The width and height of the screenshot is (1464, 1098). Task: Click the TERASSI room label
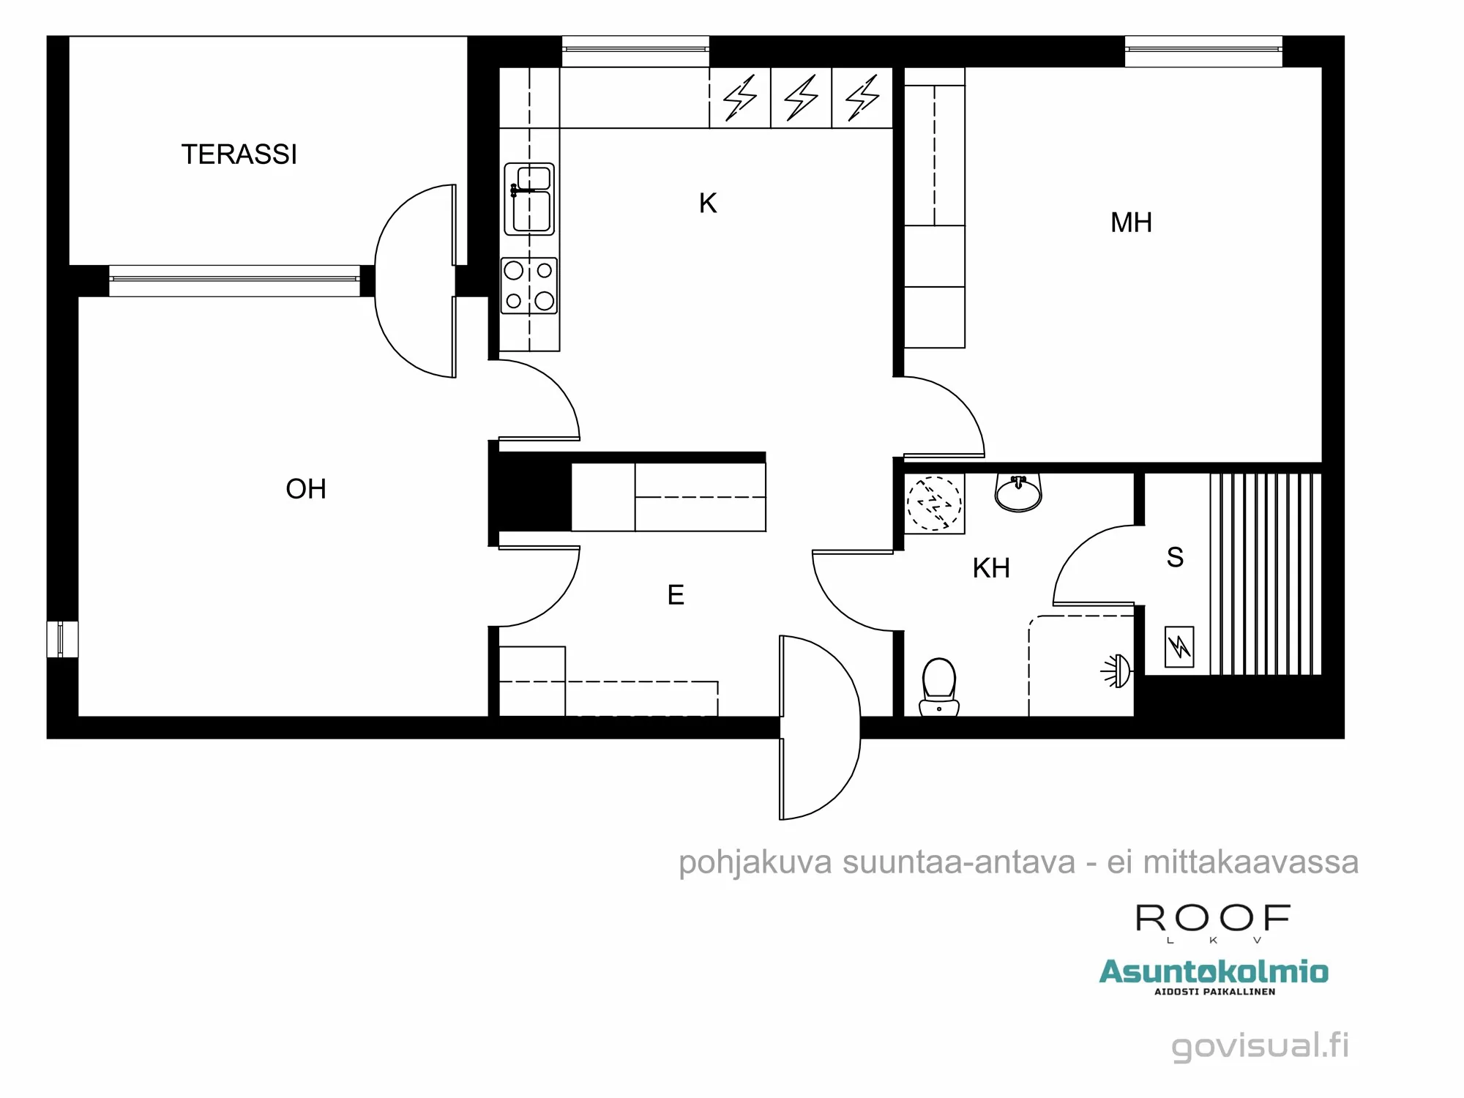[x=239, y=154]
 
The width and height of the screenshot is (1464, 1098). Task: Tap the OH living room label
[x=306, y=489]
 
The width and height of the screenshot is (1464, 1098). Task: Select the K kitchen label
[x=707, y=203]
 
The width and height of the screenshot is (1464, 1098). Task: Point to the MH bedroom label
[x=1131, y=223]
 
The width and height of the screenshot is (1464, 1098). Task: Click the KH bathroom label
[x=991, y=568]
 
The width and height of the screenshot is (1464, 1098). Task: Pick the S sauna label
[x=1175, y=558]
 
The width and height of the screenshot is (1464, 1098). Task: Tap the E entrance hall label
[x=676, y=594]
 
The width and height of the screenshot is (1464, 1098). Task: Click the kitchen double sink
[x=529, y=199]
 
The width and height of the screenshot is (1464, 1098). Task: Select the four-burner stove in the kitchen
[x=529, y=285]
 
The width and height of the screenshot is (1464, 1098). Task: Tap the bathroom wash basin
[x=1018, y=492]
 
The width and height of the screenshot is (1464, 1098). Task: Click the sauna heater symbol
[x=1179, y=646]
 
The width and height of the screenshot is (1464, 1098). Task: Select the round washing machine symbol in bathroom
[x=933, y=504]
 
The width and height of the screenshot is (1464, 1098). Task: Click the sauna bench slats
[x=1265, y=574]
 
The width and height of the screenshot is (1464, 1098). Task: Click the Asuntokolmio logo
[x=1214, y=974]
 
